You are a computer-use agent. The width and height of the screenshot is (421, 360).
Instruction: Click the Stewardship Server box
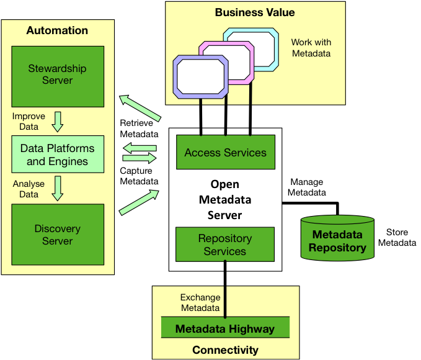[x=58, y=76]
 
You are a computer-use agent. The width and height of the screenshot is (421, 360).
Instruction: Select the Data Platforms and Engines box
[x=58, y=155]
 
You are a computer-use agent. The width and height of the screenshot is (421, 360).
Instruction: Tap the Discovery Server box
[x=58, y=235]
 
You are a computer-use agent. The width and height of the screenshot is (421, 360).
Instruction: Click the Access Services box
[x=226, y=152]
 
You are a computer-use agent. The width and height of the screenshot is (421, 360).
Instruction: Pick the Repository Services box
[x=225, y=245]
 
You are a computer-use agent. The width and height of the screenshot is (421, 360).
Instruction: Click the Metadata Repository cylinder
[x=337, y=238]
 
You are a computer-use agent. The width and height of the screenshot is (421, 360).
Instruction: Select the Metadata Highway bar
[x=225, y=328]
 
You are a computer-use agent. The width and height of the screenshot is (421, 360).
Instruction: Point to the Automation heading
[x=57, y=30]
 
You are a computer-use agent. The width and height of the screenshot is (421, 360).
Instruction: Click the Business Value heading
[x=255, y=12]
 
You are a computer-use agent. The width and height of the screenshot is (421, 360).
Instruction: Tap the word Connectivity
[x=225, y=350]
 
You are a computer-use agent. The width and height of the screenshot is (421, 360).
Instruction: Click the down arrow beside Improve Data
[x=58, y=122]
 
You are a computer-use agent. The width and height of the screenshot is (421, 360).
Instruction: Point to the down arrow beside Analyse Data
[x=58, y=189]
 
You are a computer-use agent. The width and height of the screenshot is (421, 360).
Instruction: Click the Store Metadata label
[x=397, y=237]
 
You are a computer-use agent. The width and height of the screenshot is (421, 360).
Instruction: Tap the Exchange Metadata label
[x=200, y=302]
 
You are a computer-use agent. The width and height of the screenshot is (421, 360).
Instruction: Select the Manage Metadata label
[x=307, y=187]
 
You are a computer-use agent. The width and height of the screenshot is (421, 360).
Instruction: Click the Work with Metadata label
[x=311, y=48]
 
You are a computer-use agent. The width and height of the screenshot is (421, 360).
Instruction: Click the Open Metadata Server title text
[x=225, y=200]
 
